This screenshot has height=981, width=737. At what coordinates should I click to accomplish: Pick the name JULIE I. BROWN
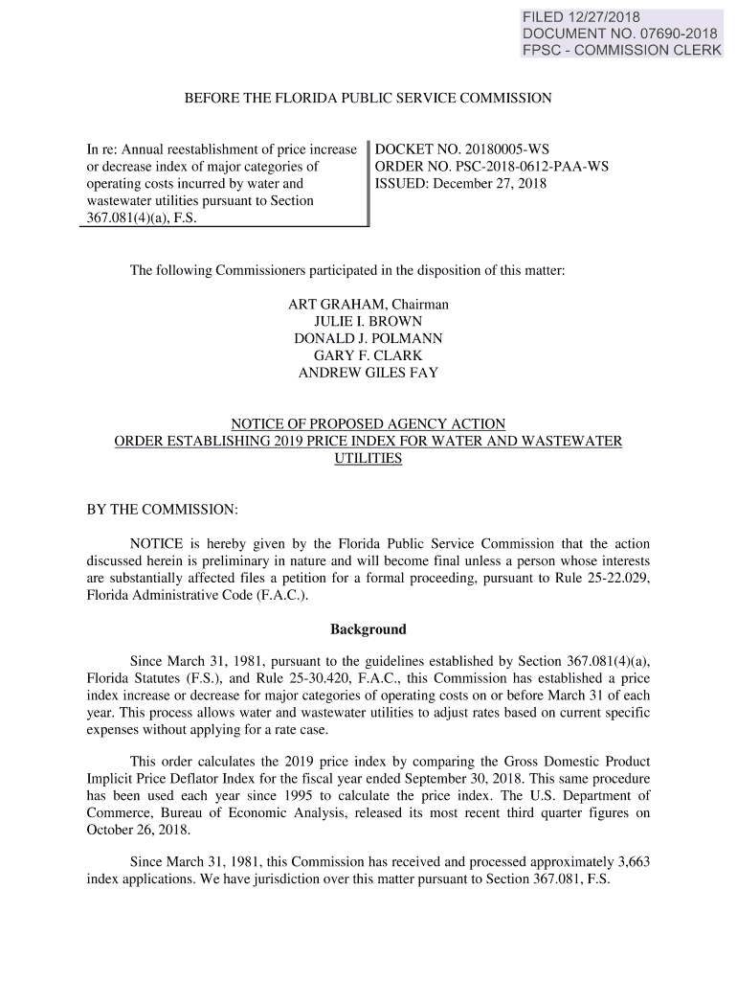(x=368, y=322)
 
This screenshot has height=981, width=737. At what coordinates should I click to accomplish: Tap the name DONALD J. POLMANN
(x=368, y=339)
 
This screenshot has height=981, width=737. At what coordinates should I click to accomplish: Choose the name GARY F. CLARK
(x=368, y=356)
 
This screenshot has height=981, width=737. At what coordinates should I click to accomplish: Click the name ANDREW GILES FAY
(x=368, y=374)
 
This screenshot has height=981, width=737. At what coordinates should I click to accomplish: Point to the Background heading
(x=368, y=629)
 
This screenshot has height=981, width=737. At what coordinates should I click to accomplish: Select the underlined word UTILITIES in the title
(x=368, y=459)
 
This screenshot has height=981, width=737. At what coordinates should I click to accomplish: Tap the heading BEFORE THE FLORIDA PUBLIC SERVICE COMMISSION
(x=368, y=98)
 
